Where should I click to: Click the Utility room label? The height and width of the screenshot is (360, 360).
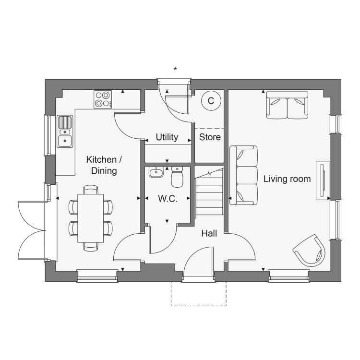coord(167,137)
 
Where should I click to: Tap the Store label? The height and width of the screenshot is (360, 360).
coord(210,137)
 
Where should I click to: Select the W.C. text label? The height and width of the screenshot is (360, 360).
coord(168,199)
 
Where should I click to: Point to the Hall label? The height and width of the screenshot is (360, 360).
coord(209,233)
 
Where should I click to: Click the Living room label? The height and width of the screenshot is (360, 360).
coord(287,179)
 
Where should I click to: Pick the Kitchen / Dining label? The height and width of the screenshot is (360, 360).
coord(104,165)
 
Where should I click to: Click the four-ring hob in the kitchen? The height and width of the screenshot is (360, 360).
coord(103,99)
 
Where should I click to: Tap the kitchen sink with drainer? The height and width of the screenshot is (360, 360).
coord(65,132)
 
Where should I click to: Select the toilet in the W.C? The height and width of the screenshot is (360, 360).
coord(177,177)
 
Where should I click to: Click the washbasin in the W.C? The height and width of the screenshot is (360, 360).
coord(156,172)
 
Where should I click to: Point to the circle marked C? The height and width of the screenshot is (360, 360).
coord(211,101)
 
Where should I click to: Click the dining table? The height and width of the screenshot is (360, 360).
coord(90,218)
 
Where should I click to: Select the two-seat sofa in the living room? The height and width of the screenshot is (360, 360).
coord(287,105)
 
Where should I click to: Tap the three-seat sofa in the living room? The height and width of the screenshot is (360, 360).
coord(243,175)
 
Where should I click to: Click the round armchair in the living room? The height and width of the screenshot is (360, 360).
coord(310,251)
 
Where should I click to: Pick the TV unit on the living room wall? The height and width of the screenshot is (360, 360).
coord(323,180)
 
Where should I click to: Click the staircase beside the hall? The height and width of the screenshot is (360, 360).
coord(209,191)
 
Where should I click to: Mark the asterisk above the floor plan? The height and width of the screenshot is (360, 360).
coord(175,69)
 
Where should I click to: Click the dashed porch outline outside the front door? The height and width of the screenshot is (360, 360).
coord(199,305)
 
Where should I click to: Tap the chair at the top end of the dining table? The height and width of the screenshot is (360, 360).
coord(91,190)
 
